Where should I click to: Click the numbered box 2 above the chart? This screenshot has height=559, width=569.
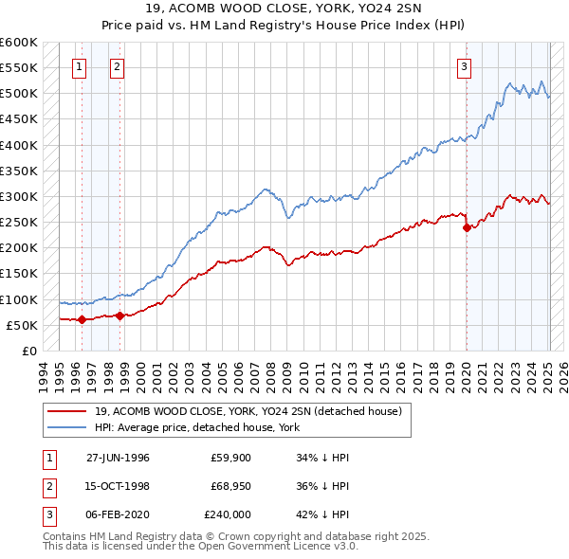[x=116, y=66]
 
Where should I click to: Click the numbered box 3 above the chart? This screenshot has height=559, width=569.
[x=465, y=66]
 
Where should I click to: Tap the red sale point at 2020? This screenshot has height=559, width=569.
[x=467, y=227]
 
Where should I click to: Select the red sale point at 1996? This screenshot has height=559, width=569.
[x=82, y=319]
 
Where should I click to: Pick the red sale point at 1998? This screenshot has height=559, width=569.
[x=120, y=316]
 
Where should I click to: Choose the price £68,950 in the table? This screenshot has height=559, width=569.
[x=230, y=486]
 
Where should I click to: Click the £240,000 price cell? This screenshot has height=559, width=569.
[x=228, y=514]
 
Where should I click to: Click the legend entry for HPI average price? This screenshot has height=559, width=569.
[x=196, y=427]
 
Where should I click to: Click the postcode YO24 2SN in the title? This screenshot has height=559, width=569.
[x=376, y=9]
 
